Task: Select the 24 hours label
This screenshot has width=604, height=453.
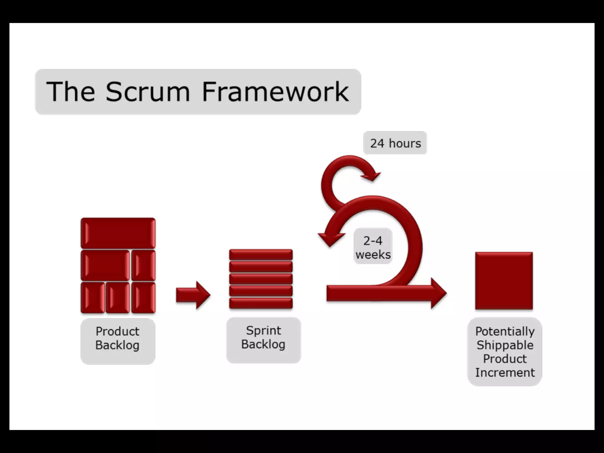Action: [395, 143]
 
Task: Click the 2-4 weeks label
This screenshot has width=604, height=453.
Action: [373, 247]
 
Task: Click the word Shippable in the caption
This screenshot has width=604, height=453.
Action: [505, 345]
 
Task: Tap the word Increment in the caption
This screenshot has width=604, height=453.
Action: [505, 372]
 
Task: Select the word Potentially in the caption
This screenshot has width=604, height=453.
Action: [505, 331]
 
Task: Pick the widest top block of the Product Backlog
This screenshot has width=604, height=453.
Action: [118, 233]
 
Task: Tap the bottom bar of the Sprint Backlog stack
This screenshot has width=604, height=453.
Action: [261, 303]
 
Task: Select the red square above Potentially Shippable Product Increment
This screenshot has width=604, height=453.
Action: [504, 281]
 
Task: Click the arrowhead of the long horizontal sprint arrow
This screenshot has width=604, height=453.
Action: [438, 293]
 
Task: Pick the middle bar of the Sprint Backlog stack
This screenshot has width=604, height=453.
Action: [261, 279]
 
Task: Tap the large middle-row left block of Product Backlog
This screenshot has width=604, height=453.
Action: [105, 265]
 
